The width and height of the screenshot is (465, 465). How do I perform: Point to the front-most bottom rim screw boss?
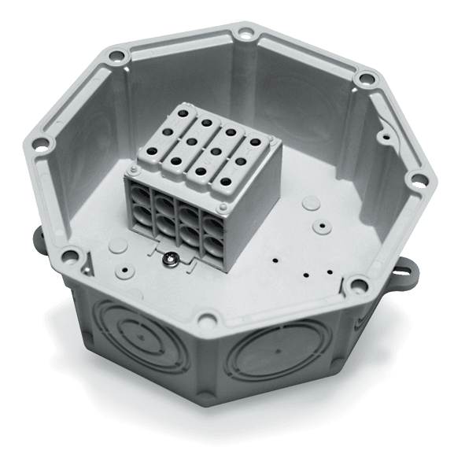pyautogui.click(x=208, y=318)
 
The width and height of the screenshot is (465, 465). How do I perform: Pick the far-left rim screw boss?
pyautogui.click(x=37, y=145)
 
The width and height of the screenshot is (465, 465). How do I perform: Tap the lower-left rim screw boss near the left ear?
pyautogui.click(x=68, y=254)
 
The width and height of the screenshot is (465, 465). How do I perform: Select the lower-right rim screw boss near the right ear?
pyautogui.click(x=360, y=283)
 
